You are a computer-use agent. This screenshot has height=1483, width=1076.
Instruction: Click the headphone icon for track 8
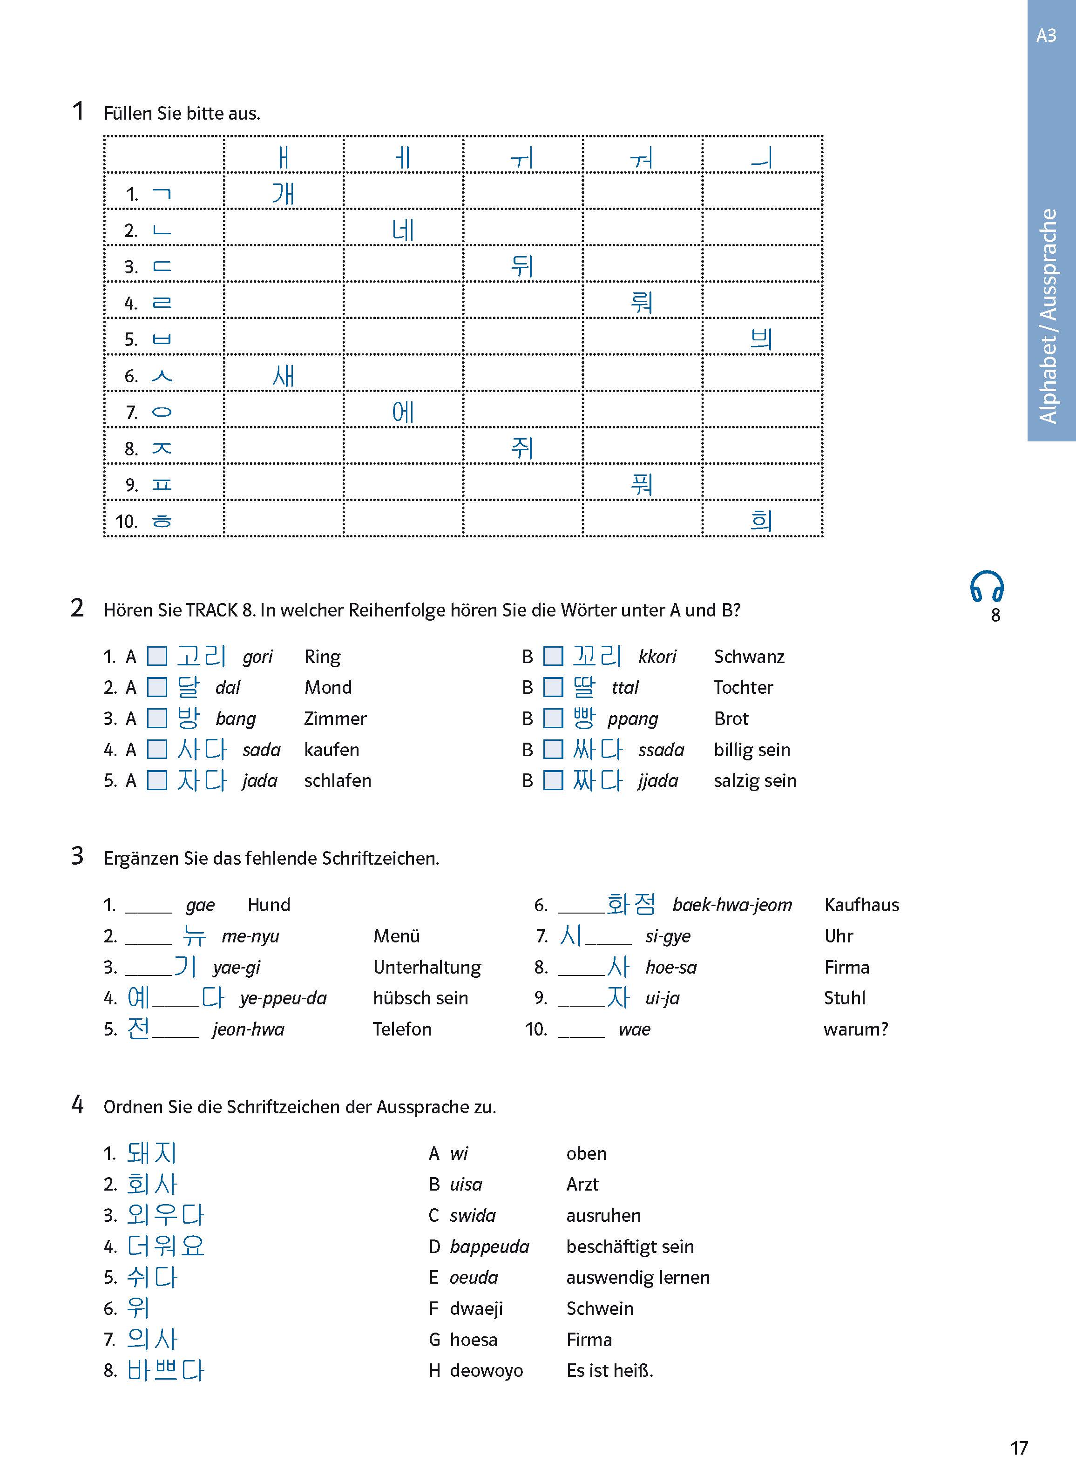[987, 587]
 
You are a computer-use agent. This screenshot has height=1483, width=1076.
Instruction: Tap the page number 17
[1018, 1448]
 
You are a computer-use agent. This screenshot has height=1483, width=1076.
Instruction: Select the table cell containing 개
[283, 192]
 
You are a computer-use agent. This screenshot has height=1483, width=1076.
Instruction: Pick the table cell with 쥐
[522, 447]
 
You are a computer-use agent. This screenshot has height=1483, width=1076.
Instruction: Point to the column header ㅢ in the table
[762, 157]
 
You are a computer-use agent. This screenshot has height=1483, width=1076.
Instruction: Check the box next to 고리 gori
[157, 656]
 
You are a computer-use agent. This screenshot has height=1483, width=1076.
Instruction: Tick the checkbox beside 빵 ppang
[553, 718]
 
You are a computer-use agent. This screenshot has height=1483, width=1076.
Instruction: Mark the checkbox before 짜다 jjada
[553, 780]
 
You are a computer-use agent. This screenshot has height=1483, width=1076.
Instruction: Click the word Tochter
[743, 687]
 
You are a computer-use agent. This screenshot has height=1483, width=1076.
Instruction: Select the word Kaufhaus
[861, 905]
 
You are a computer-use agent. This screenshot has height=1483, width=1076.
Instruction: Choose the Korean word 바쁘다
[165, 1370]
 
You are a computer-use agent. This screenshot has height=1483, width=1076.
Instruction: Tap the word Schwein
[599, 1308]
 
